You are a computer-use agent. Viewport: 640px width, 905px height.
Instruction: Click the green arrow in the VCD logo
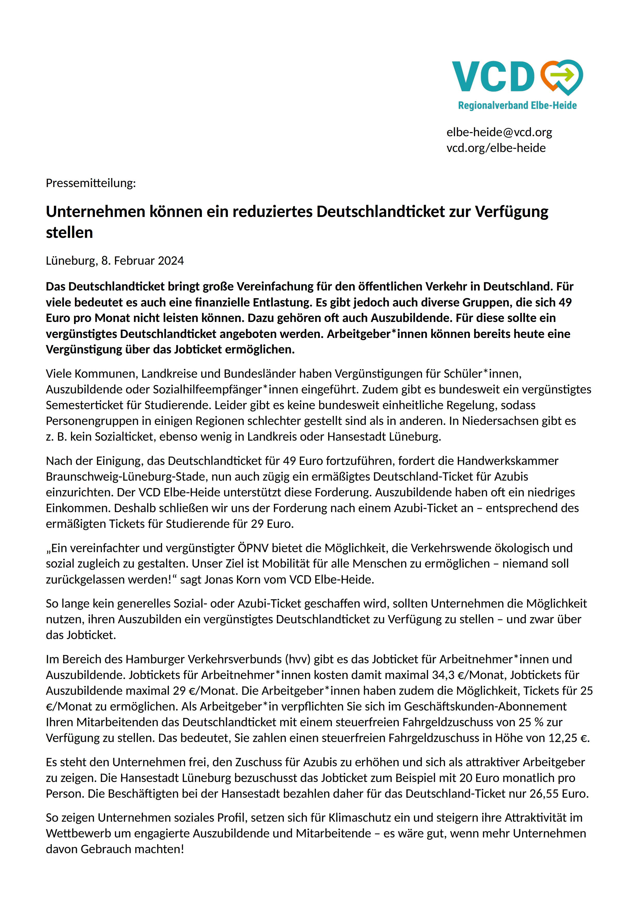(x=563, y=74)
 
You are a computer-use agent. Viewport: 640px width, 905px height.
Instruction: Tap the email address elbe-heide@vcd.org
(x=499, y=132)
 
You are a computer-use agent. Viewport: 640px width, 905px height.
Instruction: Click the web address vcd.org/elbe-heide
(x=496, y=148)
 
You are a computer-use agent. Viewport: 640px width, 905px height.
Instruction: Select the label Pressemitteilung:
(x=91, y=183)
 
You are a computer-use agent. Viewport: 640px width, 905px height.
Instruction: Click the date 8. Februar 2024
(x=142, y=261)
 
